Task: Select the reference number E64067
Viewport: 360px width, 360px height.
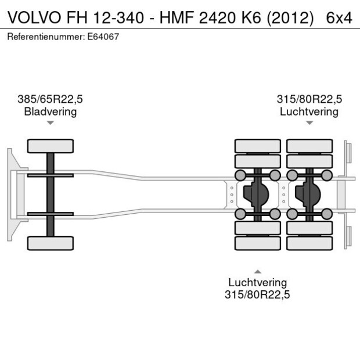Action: tap(105, 37)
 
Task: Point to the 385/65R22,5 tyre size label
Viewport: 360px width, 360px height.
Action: tap(50, 99)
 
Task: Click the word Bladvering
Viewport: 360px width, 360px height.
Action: tap(50, 111)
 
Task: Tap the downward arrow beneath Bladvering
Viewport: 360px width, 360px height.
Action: tap(51, 123)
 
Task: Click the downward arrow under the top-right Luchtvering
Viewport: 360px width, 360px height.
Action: tap(309, 123)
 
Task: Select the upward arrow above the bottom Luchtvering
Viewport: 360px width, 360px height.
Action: tap(257, 271)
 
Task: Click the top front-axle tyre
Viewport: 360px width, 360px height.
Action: tap(51, 146)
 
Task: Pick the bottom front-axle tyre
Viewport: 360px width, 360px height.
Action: tap(51, 243)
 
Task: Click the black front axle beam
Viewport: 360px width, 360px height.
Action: tap(51, 195)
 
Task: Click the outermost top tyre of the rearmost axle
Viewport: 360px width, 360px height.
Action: tap(309, 146)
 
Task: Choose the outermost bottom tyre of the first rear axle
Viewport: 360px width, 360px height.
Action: tap(257, 243)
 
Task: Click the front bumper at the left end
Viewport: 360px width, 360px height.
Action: tap(11, 195)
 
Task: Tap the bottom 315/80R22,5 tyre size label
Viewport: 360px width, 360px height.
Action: tap(257, 295)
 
